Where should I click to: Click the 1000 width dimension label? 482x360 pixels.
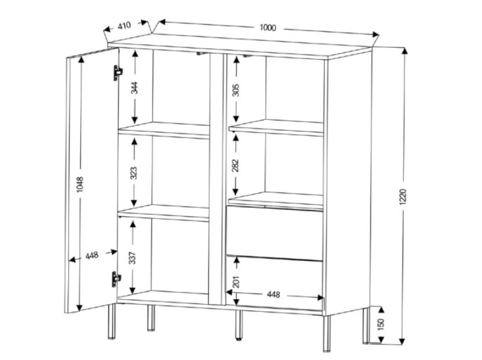[268, 28]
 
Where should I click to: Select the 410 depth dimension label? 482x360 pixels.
[124, 25]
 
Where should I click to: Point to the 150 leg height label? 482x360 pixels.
[381, 325]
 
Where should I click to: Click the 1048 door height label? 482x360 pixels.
[80, 184]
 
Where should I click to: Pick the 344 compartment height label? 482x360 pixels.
[134, 88]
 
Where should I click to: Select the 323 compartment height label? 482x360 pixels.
[134, 173]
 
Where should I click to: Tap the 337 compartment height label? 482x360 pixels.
[132, 258]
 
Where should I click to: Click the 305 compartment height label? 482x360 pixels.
[236, 90]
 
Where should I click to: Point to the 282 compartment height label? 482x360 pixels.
[235, 165]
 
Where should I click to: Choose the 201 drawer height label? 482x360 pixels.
[236, 281]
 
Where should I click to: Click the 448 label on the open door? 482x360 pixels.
[92, 255]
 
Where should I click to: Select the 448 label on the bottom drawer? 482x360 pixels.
[273, 295]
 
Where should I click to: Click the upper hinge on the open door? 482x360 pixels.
[117, 73]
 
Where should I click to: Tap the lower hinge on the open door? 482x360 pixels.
[116, 279]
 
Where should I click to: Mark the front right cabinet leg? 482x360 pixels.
[327, 333]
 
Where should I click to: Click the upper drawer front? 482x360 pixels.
[275, 233]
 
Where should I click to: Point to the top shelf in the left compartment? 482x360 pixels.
[164, 130]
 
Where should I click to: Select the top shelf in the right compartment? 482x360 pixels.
[276, 127]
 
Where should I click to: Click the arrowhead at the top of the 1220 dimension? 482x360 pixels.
[405, 51]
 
